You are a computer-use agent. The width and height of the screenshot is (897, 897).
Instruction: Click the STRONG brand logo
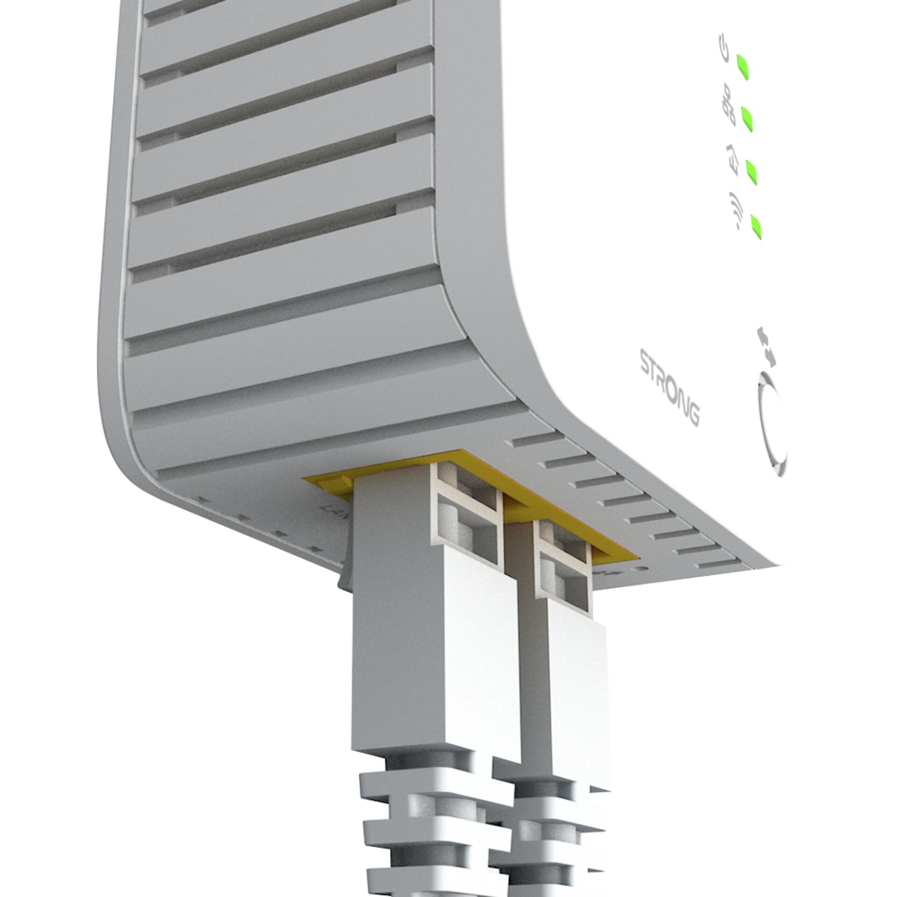click(669, 389)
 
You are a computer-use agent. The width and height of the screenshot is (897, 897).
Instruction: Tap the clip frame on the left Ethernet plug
click(467, 523)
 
